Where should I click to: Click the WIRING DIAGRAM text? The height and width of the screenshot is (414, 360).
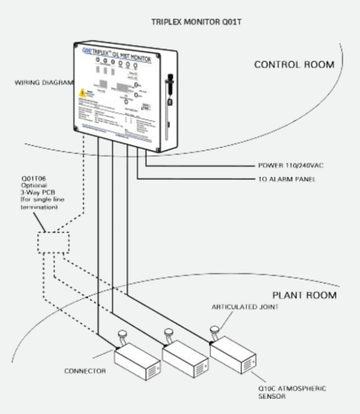click(40, 82)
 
